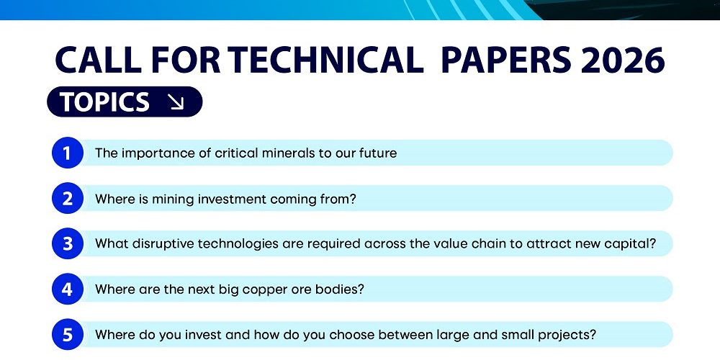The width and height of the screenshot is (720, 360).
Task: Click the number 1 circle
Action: (68, 153)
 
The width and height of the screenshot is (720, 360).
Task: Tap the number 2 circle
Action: (68, 199)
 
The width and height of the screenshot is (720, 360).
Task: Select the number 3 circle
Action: (68, 243)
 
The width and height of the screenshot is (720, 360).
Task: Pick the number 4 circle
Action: (68, 289)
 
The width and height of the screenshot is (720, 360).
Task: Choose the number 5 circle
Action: (68, 334)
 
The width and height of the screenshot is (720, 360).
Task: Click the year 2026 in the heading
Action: (622, 60)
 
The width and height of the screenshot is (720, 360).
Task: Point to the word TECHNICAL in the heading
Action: (325, 60)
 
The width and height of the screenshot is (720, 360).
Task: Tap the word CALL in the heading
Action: (98, 60)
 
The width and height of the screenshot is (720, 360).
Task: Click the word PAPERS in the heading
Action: (506, 60)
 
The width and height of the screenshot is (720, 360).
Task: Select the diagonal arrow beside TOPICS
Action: (176, 102)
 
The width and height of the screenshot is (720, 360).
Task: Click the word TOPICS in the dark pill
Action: (105, 102)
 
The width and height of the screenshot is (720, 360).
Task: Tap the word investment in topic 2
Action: (229, 199)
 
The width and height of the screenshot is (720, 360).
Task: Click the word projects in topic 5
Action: (570, 336)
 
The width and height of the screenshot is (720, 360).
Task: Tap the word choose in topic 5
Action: (352, 334)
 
